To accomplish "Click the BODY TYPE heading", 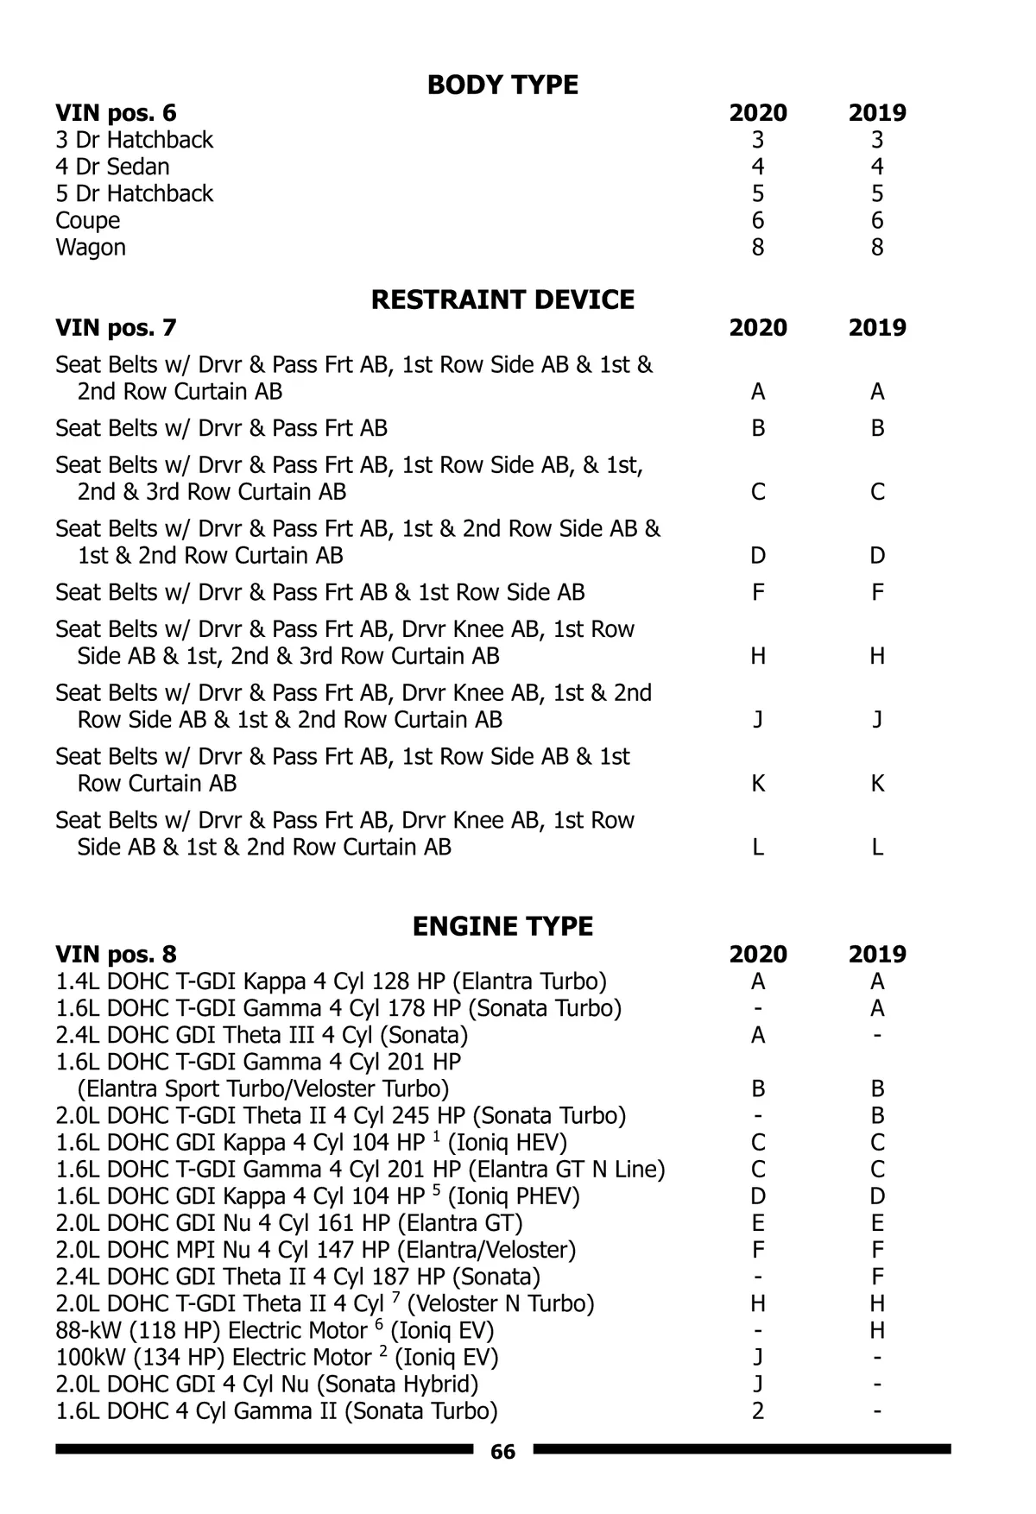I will pyautogui.click(x=502, y=85).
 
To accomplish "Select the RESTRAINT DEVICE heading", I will pyautogui.click(x=502, y=300).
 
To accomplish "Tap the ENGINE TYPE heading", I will pyautogui.click(x=502, y=927).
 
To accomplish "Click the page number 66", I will pyautogui.click(x=502, y=1452).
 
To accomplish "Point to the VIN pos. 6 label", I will pyautogui.click(x=116, y=113).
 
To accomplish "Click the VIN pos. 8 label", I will pyautogui.click(x=116, y=955).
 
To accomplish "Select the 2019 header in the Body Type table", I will pyautogui.click(x=877, y=113).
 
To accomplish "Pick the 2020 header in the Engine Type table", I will pyautogui.click(x=758, y=955).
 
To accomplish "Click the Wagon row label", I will pyautogui.click(x=91, y=248).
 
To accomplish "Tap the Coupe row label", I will pyautogui.click(x=88, y=221).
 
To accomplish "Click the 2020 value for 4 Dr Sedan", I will pyautogui.click(x=758, y=167).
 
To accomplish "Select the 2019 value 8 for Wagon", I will pyautogui.click(x=877, y=248).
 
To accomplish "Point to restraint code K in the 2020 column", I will pyautogui.click(x=758, y=784).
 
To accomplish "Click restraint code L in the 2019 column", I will pyautogui.click(x=877, y=848).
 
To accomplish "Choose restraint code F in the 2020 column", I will pyautogui.click(x=758, y=593).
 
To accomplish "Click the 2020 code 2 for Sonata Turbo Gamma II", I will pyautogui.click(x=758, y=1411).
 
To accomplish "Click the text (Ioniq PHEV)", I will pyautogui.click(x=514, y=1196).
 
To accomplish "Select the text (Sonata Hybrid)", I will pyautogui.click(x=398, y=1385).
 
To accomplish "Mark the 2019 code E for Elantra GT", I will pyautogui.click(x=877, y=1223).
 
